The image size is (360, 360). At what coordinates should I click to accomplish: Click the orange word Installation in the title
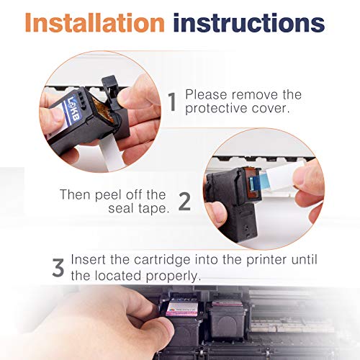[x=95, y=22]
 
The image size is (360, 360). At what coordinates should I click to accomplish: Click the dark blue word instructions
[x=249, y=22]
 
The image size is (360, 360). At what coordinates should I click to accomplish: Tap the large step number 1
[x=172, y=102]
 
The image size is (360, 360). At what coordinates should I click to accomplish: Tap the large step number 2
[x=184, y=202]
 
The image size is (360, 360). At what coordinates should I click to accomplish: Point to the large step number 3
[x=58, y=267]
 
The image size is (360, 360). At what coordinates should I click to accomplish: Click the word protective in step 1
[x=217, y=109]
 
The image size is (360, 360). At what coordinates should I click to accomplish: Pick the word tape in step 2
[x=153, y=209]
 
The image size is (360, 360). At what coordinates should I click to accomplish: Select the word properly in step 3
[x=173, y=276]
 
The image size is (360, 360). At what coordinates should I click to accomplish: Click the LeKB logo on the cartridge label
[x=72, y=108]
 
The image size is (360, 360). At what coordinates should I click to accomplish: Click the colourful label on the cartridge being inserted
[x=182, y=309]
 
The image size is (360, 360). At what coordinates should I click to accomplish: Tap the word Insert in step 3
[x=89, y=260]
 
